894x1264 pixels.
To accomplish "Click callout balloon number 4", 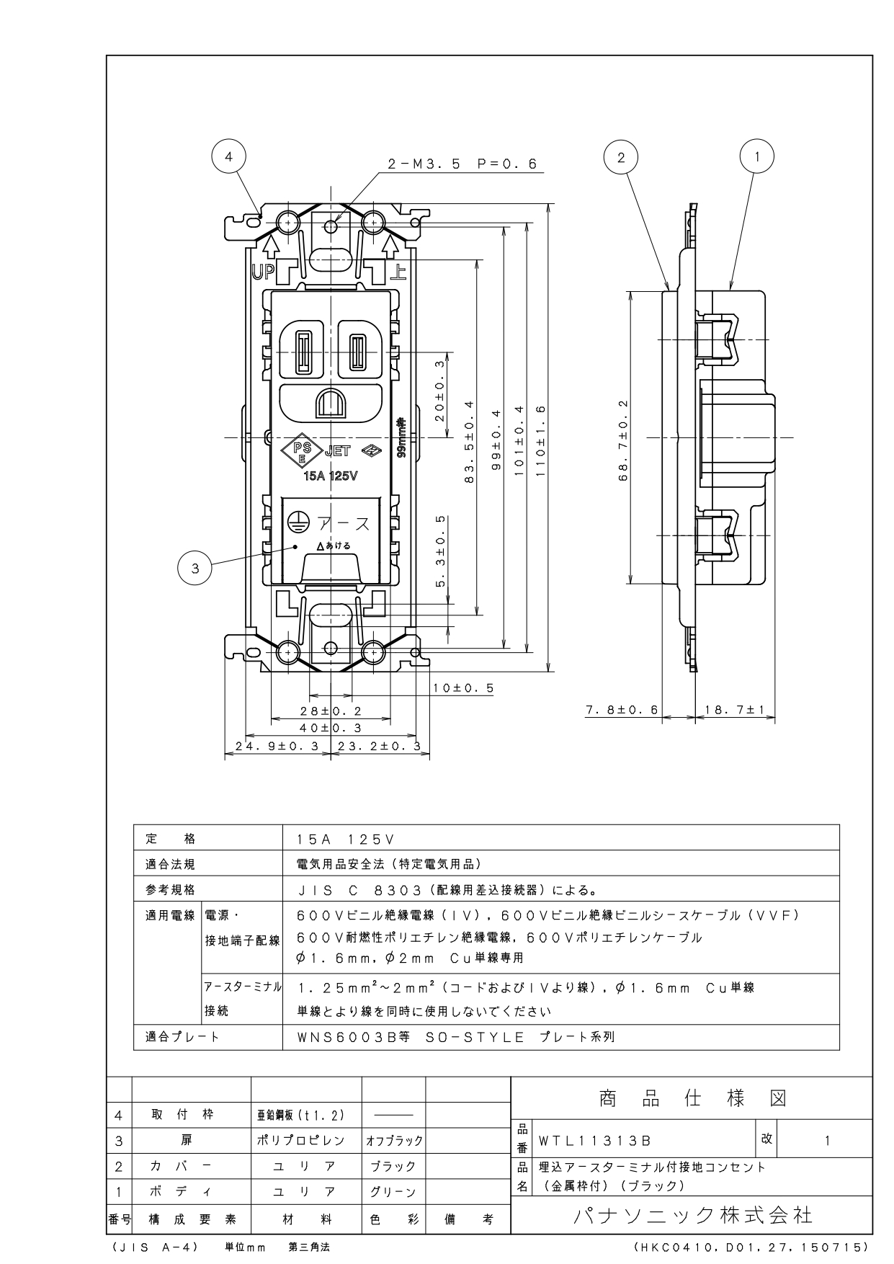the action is tap(228, 156).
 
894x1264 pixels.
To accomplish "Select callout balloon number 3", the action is tap(195, 568).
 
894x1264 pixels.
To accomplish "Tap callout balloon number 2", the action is tap(621, 156).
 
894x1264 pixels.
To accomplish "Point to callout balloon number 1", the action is tap(756, 156).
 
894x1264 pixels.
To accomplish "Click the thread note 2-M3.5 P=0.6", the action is tap(462, 164).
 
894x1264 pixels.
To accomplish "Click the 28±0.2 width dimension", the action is tap(331, 711).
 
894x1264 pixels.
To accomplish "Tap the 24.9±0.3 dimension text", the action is tap(277, 747).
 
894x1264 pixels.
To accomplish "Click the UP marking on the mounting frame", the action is tap(264, 273).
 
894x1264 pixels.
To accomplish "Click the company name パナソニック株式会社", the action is tap(693, 1216).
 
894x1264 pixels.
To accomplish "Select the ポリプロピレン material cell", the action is tap(301, 1141).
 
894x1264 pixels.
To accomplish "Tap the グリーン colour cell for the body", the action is tap(393, 1192).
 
